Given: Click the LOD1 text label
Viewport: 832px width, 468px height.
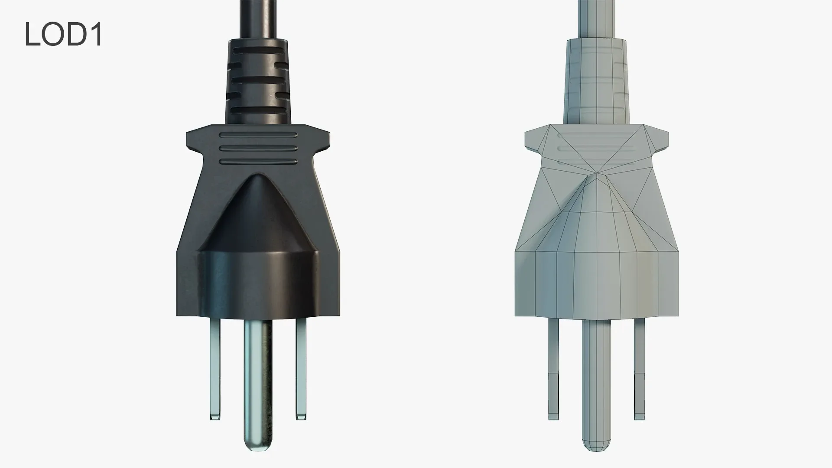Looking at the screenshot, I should tap(63, 35).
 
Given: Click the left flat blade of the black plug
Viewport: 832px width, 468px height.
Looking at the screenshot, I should tap(215, 368).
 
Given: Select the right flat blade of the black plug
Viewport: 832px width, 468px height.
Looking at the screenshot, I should tap(301, 368).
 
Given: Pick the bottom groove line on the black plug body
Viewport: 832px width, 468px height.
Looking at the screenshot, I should tap(259, 162).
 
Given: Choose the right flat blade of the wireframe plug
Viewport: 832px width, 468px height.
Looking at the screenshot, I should tap(639, 368).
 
